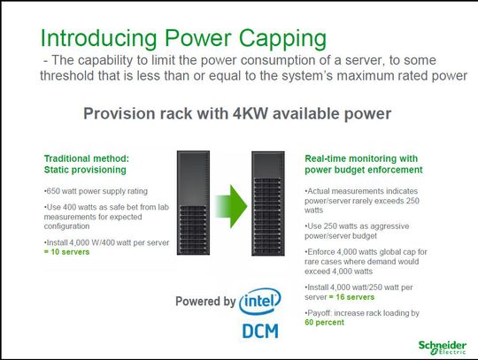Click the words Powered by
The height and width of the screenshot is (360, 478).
click(x=204, y=302)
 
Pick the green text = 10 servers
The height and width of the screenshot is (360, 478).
click(x=64, y=253)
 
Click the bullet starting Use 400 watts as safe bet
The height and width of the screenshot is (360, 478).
click(x=96, y=216)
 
